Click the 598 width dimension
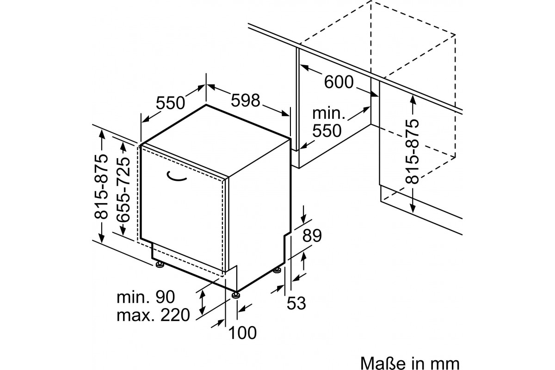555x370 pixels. coord(246,100)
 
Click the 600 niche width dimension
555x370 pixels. coord(339,82)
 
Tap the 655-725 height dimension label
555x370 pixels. coord(123,190)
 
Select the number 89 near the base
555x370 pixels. coord(312,235)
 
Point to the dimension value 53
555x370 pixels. coord(296,303)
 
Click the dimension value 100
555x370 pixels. coord(242,333)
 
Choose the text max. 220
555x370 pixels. coord(153,315)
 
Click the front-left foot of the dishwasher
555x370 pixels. coord(160,264)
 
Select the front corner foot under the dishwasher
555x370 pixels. coord(235,295)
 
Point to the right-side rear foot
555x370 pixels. coord(277,271)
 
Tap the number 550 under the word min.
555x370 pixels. coord(327,130)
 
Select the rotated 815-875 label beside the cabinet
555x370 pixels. coord(412,151)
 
